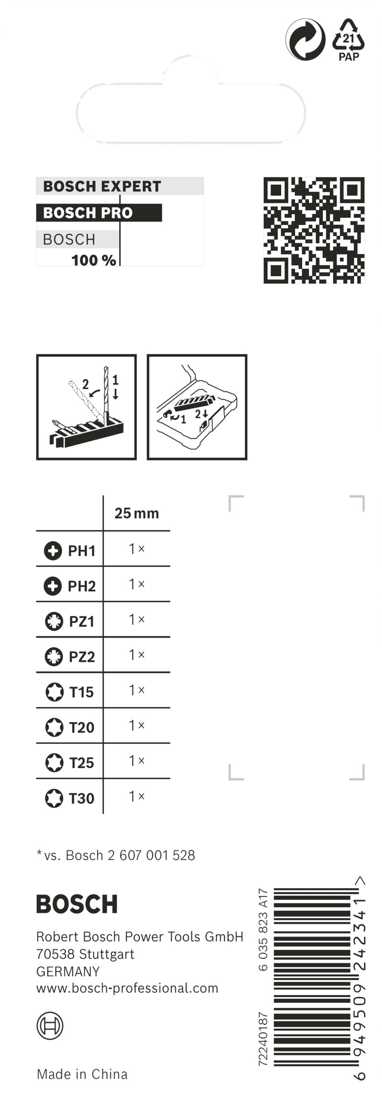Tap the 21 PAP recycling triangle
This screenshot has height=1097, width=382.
(x=349, y=39)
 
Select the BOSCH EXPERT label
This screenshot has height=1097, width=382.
(x=102, y=186)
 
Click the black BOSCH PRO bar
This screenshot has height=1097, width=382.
(x=99, y=213)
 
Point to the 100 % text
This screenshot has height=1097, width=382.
(x=94, y=260)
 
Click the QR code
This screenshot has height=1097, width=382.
(x=314, y=230)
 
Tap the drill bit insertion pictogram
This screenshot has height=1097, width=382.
(x=86, y=407)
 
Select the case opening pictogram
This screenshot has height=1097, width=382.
(x=197, y=407)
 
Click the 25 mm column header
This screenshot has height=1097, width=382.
(x=137, y=513)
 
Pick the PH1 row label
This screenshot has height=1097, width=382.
(x=82, y=551)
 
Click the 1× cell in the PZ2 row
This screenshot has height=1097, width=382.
(x=137, y=655)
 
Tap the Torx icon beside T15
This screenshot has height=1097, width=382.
(x=54, y=692)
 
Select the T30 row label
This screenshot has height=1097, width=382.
(x=82, y=798)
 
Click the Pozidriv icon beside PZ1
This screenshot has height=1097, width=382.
(x=54, y=621)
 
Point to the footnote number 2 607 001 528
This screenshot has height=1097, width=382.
(x=151, y=855)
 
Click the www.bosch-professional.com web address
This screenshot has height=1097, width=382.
(x=127, y=988)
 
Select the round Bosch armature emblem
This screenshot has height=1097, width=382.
(x=50, y=1026)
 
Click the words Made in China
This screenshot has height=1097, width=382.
(x=82, y=1075)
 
